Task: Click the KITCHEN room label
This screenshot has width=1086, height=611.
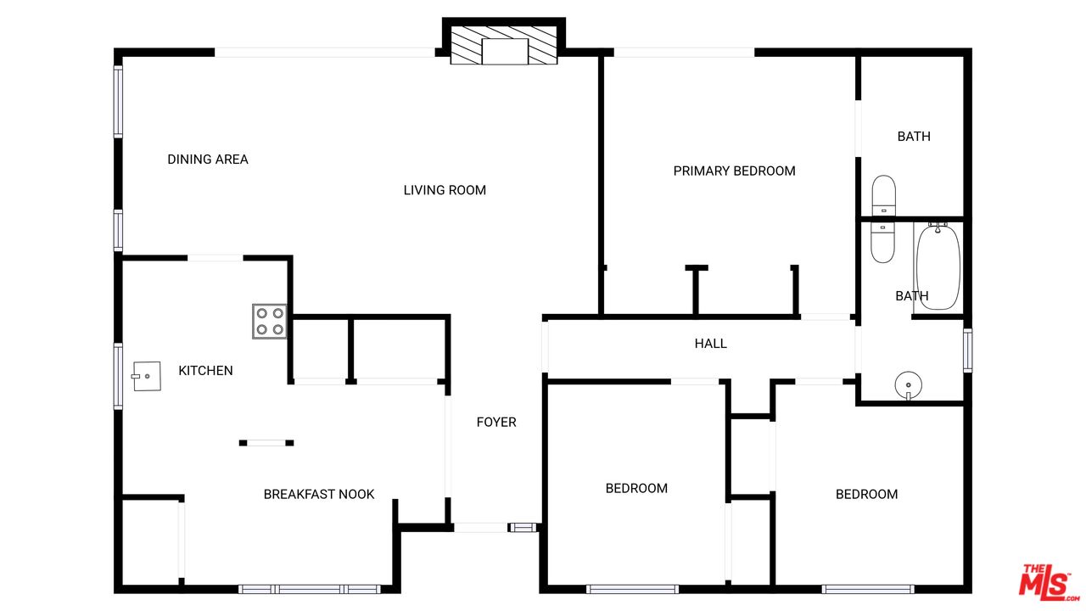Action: point(205,371)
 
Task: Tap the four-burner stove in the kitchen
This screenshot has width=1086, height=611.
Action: point(270,321)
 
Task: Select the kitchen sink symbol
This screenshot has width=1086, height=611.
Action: point(147,376)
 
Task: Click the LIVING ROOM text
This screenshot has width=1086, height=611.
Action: point(445,190)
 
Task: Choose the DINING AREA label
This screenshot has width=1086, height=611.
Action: point(208,159)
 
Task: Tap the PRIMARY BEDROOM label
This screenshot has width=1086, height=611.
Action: point(734,171)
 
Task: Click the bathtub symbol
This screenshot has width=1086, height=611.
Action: point(938,266)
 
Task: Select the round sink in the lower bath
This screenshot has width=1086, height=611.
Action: point(908,385)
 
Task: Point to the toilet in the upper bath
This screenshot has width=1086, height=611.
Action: point(883,195)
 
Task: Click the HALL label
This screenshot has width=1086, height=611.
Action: point(710,344)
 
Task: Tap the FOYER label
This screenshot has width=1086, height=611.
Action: point(496,422)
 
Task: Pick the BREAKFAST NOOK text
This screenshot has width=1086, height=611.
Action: point(318,494)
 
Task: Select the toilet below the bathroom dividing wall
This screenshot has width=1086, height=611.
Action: point(883,243)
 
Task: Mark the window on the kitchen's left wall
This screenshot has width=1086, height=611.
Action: point(118,376)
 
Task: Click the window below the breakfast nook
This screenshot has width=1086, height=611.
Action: point(310,589)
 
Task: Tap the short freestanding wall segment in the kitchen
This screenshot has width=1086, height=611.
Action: point(266,443)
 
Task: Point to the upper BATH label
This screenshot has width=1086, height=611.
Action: point(914,137)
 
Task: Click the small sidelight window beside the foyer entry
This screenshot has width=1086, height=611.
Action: point(523,527)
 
